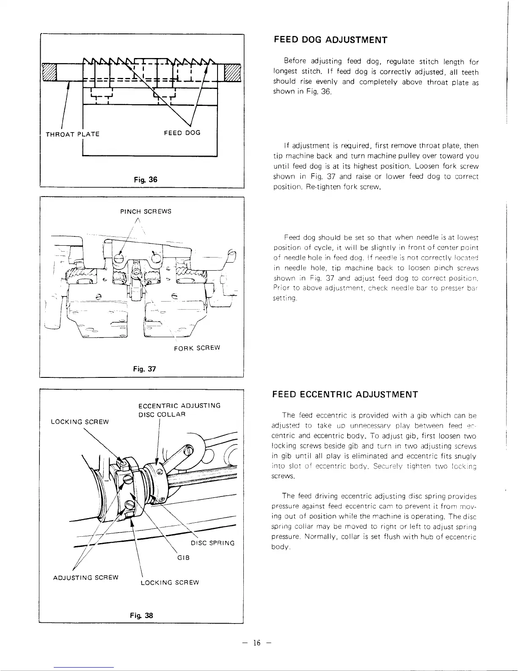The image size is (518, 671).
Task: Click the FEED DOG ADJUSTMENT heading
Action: point(331,40)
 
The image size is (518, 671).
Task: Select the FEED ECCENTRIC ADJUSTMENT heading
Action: point(345,395)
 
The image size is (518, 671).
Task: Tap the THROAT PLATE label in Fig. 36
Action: point(72,134)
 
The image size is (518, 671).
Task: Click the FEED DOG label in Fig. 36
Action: point(182,133)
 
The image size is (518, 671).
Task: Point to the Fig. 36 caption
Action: point(145,180)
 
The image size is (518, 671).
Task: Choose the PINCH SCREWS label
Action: point(146,211)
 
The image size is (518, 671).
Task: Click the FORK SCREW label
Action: point(197,348)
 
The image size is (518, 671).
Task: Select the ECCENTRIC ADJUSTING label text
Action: point(179,405)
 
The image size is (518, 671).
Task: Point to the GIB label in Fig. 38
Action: point(183,557)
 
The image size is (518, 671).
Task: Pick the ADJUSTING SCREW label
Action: point(85,577)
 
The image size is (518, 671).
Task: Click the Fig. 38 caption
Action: point(144,616)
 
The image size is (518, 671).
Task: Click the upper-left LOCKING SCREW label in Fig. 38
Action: point(80,421)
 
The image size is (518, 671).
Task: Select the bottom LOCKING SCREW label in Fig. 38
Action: point(169,582)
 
